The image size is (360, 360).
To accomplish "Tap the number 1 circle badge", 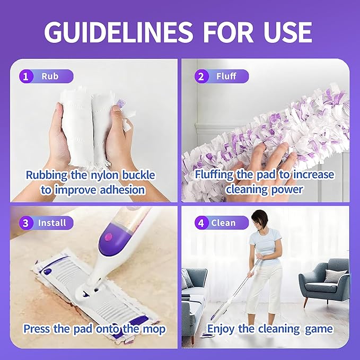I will [24, 76].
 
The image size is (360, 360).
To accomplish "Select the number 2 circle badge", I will [200, 76].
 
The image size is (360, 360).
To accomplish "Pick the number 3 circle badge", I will [24, 223].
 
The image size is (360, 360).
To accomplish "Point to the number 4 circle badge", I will [200, 223].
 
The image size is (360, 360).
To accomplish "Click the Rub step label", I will [50, 76].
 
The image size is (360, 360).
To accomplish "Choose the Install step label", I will [52, 223].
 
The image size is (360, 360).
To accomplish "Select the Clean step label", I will [223, 223].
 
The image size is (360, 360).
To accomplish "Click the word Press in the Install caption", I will [37, 329].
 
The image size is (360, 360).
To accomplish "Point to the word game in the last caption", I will [319, 329].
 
